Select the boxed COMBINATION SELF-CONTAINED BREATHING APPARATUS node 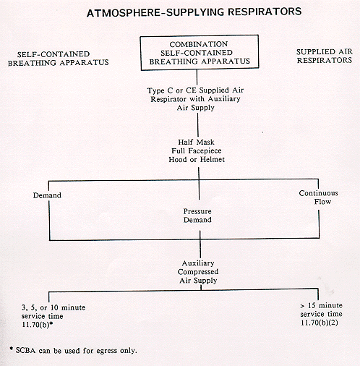tap(200, 53)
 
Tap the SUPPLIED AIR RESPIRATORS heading tap(325, 56)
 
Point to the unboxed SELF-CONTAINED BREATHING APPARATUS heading tap(58, 59)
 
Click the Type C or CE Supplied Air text tap(195, 90)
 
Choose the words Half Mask tap(196, 142)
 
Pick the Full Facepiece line tap(197, 150)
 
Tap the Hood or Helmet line tap(197, 159)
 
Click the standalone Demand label tap(47, 195)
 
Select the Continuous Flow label tap(319, 197)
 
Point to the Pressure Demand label tap(197, 216)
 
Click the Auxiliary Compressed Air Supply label tap(198, 272)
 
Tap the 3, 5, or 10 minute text tap(53, 307)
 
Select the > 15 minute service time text tap(321, 310)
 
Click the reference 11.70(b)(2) tap(320, 323)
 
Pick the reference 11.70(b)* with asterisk tap(38, 325)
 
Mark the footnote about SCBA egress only tap(73, 350)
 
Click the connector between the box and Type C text tap(197, 77)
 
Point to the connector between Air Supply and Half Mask tap(198, 124)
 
